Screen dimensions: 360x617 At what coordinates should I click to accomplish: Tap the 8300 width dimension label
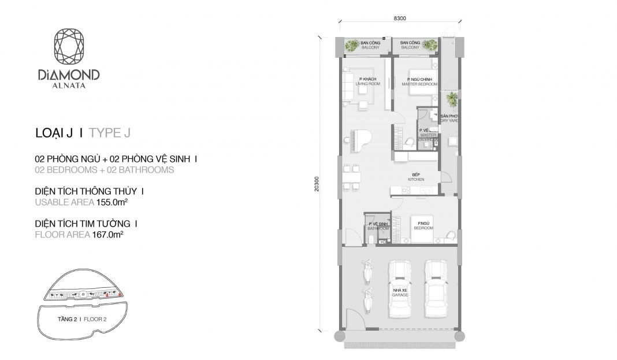pos(400,18)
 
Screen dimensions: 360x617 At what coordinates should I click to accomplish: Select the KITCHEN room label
pos(417,179)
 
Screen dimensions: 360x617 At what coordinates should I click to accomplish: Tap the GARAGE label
pos(400,295)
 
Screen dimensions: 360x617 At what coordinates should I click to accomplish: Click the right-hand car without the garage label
pos(437,288)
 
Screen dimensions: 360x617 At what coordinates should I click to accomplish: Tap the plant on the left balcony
pos(351,46)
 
